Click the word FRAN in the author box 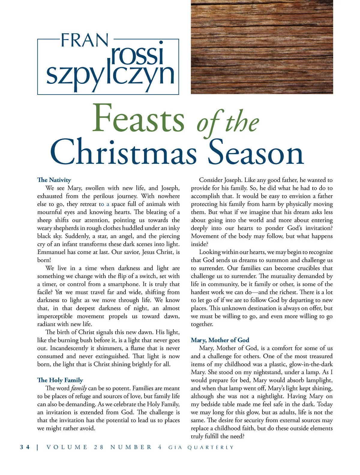[x=84, y=41]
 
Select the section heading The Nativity [x=54, y=180]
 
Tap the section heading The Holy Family [x=60, y=380]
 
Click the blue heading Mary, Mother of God [x=220, y=340]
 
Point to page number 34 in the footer [x=25, y=447]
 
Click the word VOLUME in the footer [x=67, y=447]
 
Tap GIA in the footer [x=175, y=447]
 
